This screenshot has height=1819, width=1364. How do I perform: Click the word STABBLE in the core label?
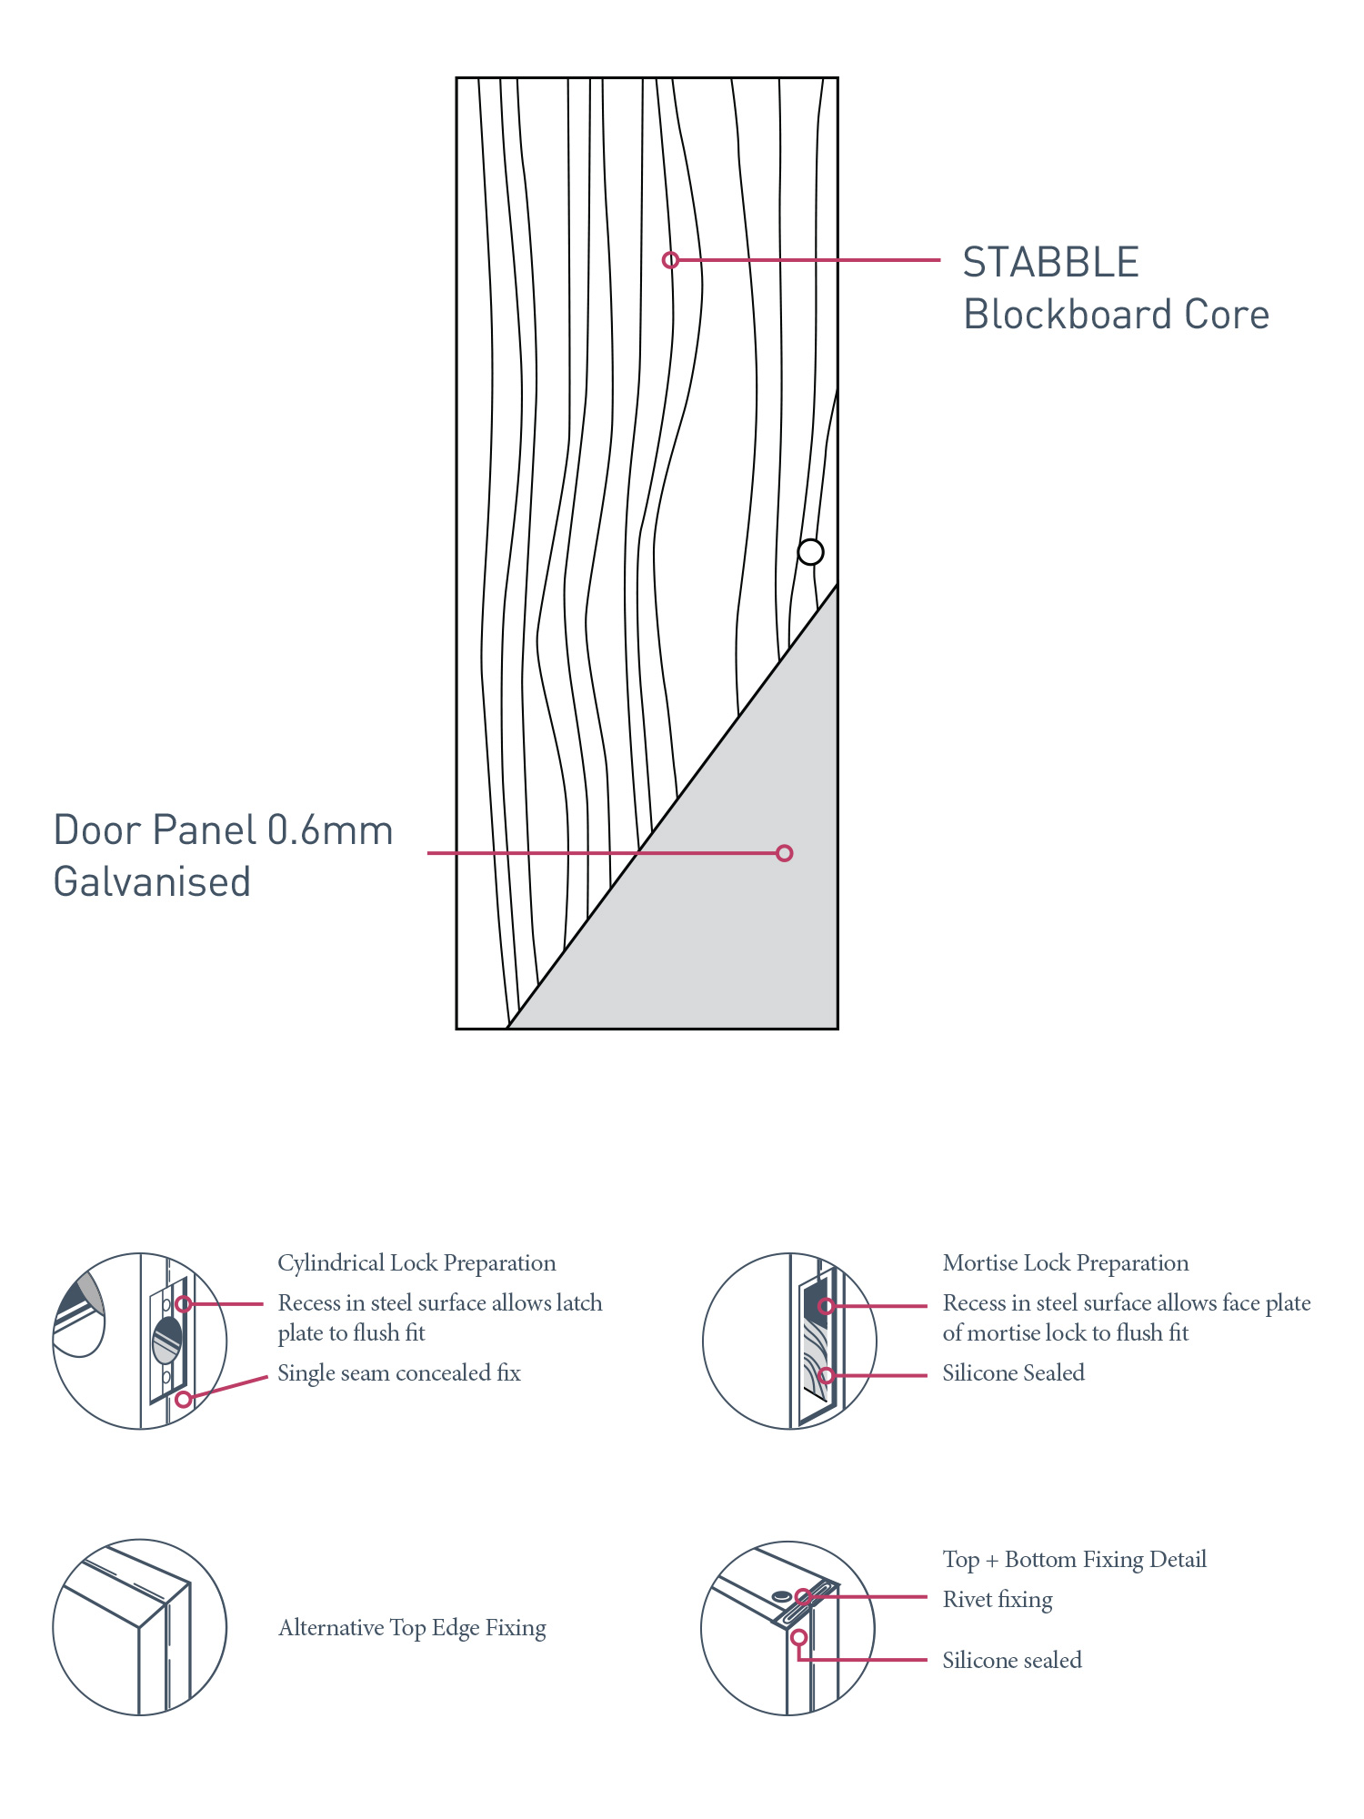click(1050, 263)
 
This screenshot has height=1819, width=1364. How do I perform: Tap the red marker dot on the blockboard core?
click(670, 260)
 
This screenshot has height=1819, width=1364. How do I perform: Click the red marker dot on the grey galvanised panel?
click(784, 853)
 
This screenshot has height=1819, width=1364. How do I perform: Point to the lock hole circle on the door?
click(810, 552)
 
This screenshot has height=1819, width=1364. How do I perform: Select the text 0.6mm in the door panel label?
click(330, 830)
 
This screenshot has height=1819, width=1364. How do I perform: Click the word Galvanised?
click(152, 882)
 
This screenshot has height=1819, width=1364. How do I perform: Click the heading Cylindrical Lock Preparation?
click(416, 1263)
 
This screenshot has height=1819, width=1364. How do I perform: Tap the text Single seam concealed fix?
click(398, 1373)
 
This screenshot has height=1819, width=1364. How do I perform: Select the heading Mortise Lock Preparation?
click(1065, 1263)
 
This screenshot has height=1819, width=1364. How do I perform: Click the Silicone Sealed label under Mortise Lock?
click(1013, 1373)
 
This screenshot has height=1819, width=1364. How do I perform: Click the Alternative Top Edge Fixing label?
click(412, 1628)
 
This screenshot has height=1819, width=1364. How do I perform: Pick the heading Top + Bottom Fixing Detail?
click(1074, 1560)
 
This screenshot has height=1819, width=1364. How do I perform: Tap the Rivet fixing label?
click(998, 1600)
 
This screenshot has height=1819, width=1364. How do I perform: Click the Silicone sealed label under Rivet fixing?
click(1012, 1661)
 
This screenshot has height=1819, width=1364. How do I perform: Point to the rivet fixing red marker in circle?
click(803, 1596)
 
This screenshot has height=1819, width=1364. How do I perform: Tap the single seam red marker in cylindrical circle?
click(183, 1399)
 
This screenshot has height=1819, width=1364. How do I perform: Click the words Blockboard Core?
click(1116, 315)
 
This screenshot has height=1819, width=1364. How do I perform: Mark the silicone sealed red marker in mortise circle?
click(826, 1375)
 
